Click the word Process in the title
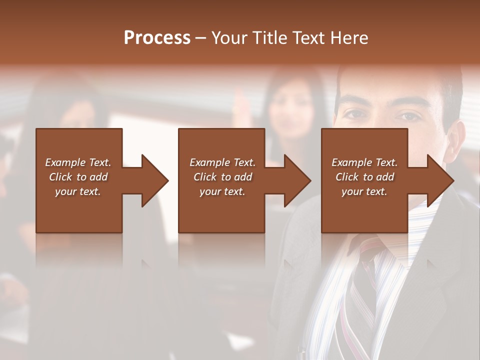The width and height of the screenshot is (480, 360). click(157, 37)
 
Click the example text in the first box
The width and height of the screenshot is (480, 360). click(78, 177)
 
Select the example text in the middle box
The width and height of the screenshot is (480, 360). click(222, 177)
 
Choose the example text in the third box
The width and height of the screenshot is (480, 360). click(364, 177)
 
